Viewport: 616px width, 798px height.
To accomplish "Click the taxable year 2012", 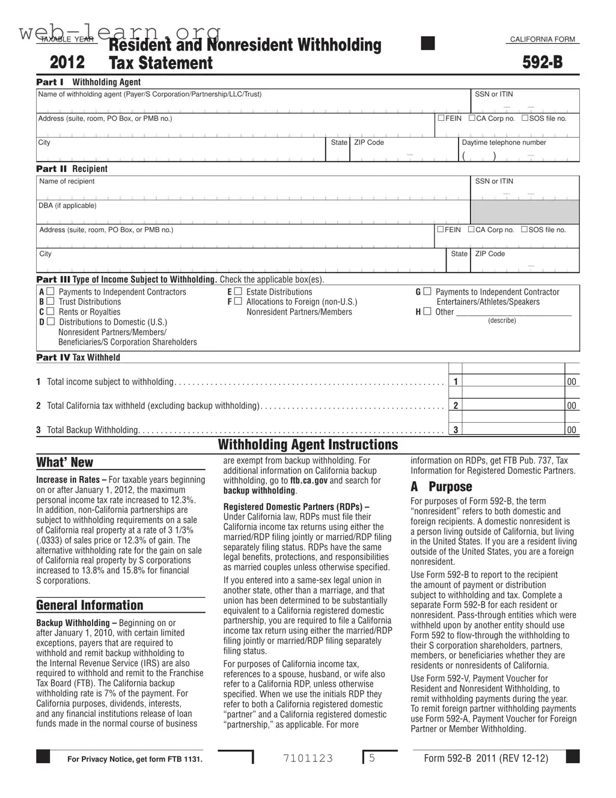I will coord(67,63).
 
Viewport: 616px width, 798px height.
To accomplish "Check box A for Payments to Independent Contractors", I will coord(50,292).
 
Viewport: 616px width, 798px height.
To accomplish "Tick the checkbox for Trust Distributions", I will coord(50,301).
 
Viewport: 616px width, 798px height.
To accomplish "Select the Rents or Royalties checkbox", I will coord(50,312).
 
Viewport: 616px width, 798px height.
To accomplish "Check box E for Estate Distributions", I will coord(238,292).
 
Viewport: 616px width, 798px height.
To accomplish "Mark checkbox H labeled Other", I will coord(427,312).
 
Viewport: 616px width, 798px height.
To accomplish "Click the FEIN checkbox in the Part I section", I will coord(441,118).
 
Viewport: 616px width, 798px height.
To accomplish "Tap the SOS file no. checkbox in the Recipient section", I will coord(525,229).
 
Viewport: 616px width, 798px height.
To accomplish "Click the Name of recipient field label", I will coord(67,181).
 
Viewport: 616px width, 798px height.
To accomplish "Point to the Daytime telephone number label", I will coord(504,143).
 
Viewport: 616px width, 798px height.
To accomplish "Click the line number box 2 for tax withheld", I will coord(456,405).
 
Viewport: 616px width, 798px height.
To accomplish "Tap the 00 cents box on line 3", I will coord(572,430).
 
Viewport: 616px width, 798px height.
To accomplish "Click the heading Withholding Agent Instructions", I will coord(308,445).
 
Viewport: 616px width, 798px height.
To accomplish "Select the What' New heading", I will coord(64,462).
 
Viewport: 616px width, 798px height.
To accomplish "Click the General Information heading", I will coord(90,606).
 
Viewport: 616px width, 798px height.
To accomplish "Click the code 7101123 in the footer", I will coord(308,758).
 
